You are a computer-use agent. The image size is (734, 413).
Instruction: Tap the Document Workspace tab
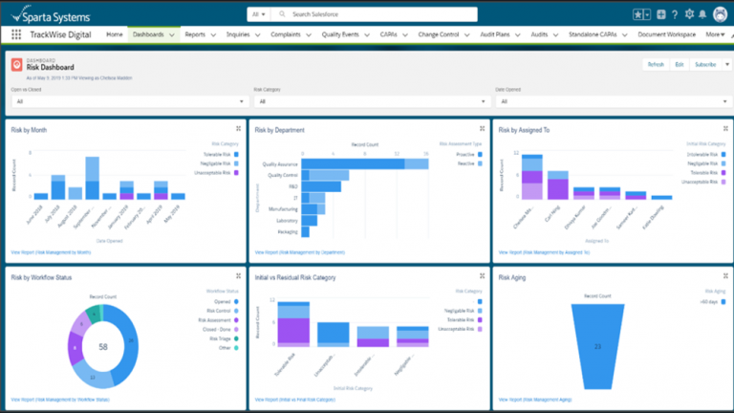[666, 34]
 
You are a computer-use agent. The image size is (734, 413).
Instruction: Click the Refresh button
[655, 64]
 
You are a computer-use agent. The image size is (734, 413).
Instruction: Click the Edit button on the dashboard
[679, 64]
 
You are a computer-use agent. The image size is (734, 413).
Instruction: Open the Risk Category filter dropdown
[368, 100]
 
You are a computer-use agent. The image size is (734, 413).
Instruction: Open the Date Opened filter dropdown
[610, 100]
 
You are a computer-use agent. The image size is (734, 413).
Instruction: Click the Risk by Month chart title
[29, 129]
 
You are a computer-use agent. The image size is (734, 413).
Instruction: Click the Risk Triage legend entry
[219, 337]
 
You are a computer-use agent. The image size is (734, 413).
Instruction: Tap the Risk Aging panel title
[513, 276]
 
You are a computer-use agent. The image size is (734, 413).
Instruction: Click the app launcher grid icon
[16, 34]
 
